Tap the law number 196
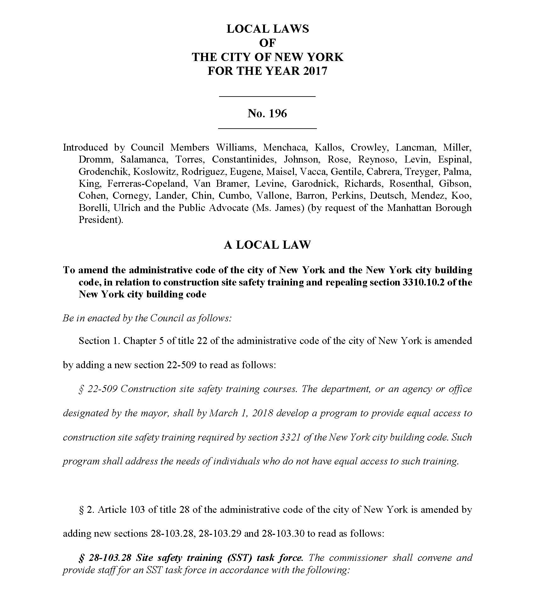click(x=278, y=113)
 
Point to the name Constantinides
click(x=244, y=159)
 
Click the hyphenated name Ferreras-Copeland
click(x=147, y=183)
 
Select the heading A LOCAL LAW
click(x=267, y=245)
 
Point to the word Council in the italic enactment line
click(x=167, y=318)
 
